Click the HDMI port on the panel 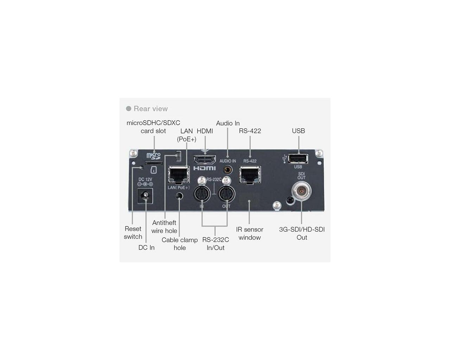point(205,160)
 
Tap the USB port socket point(298,159)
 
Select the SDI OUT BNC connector point(301,191)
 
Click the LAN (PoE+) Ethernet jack point(179,175)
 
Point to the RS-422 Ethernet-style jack point(250,175)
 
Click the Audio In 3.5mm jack point(227,170)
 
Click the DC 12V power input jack point(145,196)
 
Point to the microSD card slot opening point(154,163)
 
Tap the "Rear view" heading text point(150,109)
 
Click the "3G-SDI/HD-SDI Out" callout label point(302,233)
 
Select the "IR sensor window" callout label point(250,233)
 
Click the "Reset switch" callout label point(133,233)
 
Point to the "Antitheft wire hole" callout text point(164,227)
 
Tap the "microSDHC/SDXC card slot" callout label point(153,127)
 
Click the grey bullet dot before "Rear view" point(129,109)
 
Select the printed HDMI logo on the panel point(204,168)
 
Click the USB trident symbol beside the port point(284,159)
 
